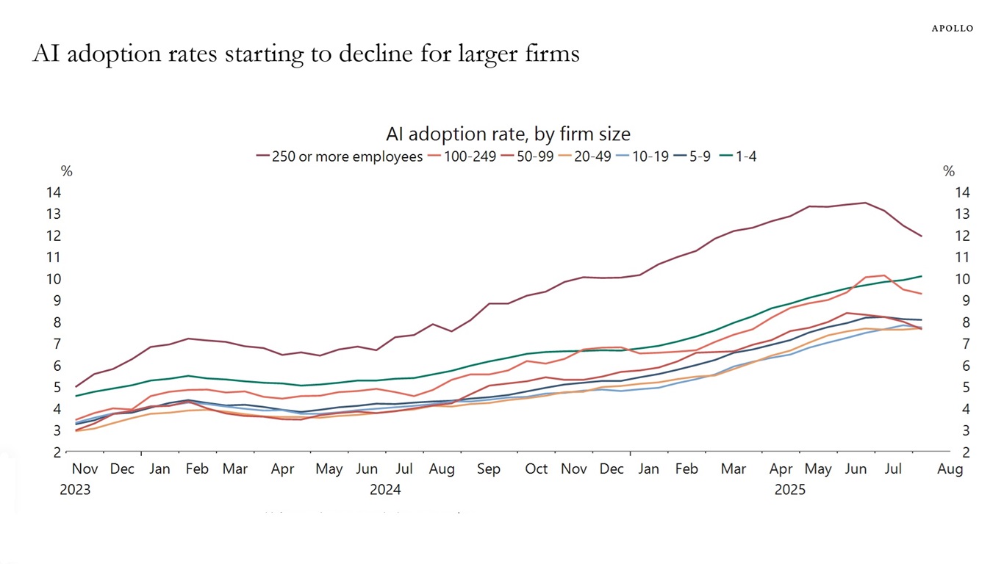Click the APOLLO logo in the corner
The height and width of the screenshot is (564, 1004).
tap(952, 29)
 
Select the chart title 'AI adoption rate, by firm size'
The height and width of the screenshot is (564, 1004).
tap(508, 134)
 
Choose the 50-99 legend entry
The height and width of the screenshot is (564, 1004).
tap(533, 156)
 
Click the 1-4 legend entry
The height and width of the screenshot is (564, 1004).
tap(745, 156)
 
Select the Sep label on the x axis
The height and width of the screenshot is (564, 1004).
tap(489, 469)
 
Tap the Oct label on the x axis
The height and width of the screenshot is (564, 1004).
tap(537, 469)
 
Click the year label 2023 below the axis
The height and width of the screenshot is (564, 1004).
tap(75, 490)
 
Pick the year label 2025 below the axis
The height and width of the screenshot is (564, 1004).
tap(790, 490)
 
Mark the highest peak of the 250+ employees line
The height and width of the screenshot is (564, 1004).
tap(865, 203)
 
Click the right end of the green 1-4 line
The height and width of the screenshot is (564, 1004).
tap(922, 276)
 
